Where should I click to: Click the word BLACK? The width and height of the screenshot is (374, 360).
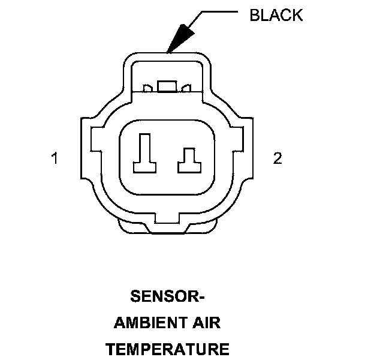[x=276, y=14]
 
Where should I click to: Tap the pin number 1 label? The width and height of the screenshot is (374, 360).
[x=55, y=159]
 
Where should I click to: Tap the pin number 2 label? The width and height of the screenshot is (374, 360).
[x=277, y=158]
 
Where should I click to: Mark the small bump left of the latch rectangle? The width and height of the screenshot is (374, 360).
[x=147, y=89]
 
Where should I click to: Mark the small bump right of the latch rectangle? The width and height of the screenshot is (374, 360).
[x=186, y=89]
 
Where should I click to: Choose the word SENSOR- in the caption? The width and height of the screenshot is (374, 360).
[x=167, y=297]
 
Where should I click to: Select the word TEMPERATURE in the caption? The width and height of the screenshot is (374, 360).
[x=167, y=349]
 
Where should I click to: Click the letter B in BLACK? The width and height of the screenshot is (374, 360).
[x=254, y=14]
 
